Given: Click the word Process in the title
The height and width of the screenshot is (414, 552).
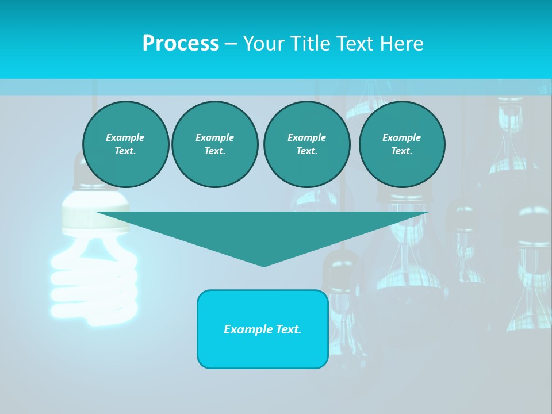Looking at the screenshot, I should tap(181, 44).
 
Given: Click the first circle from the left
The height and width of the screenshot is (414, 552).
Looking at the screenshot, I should tap(126, 144).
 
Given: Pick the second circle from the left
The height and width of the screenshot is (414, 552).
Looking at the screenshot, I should tap(215, 144).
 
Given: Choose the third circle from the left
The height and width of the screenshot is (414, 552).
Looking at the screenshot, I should tap(306, 144).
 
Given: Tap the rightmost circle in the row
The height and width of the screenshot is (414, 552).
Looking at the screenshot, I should tap(402, 144).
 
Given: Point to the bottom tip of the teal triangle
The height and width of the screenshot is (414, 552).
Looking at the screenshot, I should tap(264, 265).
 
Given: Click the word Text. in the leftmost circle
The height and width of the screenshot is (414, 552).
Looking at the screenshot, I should tap(125, 151).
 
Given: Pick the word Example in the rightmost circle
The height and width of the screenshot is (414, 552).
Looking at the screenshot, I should tap(401, 137).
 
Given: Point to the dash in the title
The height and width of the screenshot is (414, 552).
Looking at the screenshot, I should tap(231, 44).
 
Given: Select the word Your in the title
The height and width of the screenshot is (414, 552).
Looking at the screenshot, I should tap(263, 44).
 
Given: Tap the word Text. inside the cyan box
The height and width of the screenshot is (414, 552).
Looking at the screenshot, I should tap(289, 329).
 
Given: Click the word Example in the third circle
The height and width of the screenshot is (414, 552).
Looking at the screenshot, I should tap(306, 137).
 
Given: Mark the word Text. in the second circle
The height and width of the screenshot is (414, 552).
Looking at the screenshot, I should tap(215, 151).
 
